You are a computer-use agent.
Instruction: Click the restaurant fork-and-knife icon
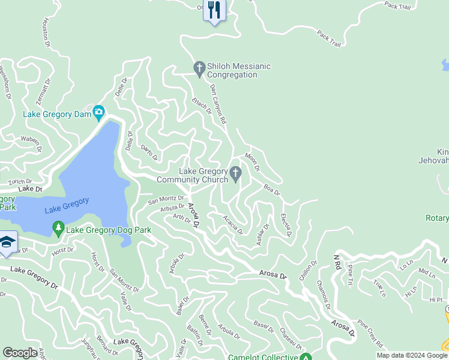(214, 10)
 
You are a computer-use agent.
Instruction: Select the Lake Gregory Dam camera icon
(98, 112)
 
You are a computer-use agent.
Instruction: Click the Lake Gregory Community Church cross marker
(236, 175)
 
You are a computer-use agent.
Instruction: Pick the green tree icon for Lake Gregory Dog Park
(58, 229)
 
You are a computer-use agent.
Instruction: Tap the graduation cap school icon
(8, 242)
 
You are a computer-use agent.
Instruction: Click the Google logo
(20, 353)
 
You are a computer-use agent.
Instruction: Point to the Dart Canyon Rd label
(218, 104)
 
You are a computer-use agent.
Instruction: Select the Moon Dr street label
(252, 161)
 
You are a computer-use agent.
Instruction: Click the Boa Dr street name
(272, 190)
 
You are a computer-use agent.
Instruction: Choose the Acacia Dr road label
(232, 225)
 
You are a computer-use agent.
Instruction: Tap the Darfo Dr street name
(149, 152)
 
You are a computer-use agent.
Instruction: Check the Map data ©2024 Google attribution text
(412, 355)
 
